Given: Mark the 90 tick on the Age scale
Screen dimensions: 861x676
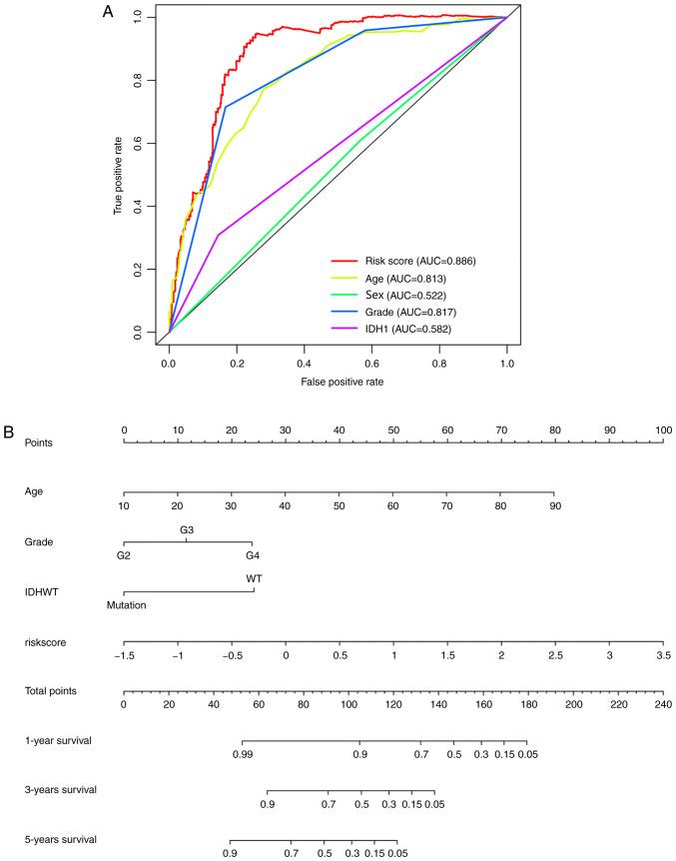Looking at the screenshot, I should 554,505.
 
